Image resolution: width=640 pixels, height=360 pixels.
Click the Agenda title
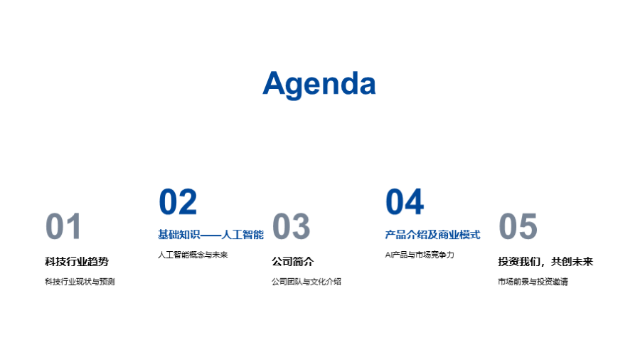(x=319, y=84)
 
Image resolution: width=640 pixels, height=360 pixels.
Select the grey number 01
(x=63, y=226)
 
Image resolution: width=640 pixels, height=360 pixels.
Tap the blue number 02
(x=178, y=201)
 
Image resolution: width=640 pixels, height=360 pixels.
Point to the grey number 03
(x=291, y=226)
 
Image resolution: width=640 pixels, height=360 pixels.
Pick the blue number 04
(x=405, y=201)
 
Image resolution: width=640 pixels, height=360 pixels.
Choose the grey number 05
(x=518, y=226)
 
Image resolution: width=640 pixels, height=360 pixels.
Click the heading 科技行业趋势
(x=77, y=262)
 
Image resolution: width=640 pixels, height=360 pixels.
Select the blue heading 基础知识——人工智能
(x=210, y=235)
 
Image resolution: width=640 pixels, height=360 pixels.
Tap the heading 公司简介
(x=293, y=262)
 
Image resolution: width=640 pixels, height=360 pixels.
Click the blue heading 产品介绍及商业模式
(x=432, y=235)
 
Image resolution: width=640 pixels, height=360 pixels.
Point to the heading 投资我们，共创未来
(x=545, y=262)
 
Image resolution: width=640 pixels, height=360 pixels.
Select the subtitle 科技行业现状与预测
(x=80, y=282)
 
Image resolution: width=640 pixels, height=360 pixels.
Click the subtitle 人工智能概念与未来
(x=193, y=255)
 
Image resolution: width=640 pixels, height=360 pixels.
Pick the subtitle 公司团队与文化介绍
(x=306, y=282)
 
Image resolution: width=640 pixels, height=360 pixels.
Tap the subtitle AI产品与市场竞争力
(x=419, y=255)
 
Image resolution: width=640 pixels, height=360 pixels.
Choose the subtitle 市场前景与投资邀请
(x=533, y=282)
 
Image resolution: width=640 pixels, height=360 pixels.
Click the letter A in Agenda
(x=275, y=83)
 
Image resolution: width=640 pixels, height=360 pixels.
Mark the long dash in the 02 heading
(x=210, y=235)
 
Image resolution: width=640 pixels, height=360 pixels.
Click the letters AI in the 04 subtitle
(x=389, y=255)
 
